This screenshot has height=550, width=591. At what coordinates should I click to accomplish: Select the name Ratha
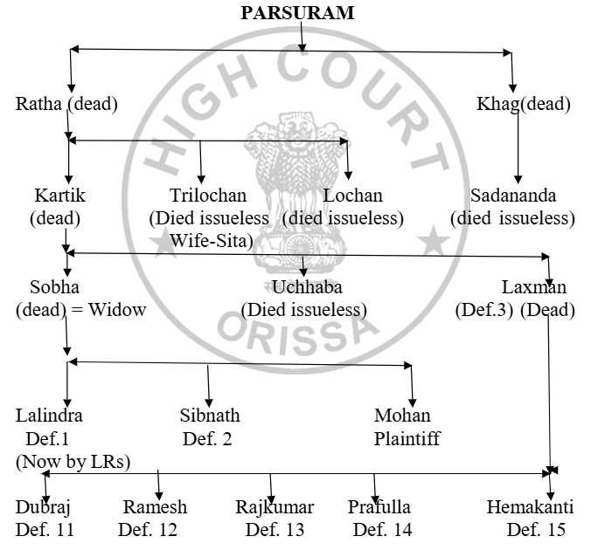[39, 105]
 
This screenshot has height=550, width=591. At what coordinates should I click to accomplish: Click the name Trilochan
[208, 196]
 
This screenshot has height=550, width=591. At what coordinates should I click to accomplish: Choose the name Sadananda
[513, 196]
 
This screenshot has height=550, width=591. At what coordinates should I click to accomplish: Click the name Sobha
[38, 287]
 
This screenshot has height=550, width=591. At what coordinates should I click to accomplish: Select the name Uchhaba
[303, 287]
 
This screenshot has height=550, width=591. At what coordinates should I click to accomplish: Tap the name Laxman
[534, 287]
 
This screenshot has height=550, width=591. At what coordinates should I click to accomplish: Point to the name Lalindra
[49, 416]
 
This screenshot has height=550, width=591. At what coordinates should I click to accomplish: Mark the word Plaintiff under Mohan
[407, 438]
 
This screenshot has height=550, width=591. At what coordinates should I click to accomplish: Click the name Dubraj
[44, 507]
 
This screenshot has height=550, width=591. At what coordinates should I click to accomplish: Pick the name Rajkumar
[275, 507]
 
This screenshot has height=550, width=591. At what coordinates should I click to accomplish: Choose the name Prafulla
[379, 507]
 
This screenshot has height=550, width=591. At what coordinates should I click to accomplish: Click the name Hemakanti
[532, 507]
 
